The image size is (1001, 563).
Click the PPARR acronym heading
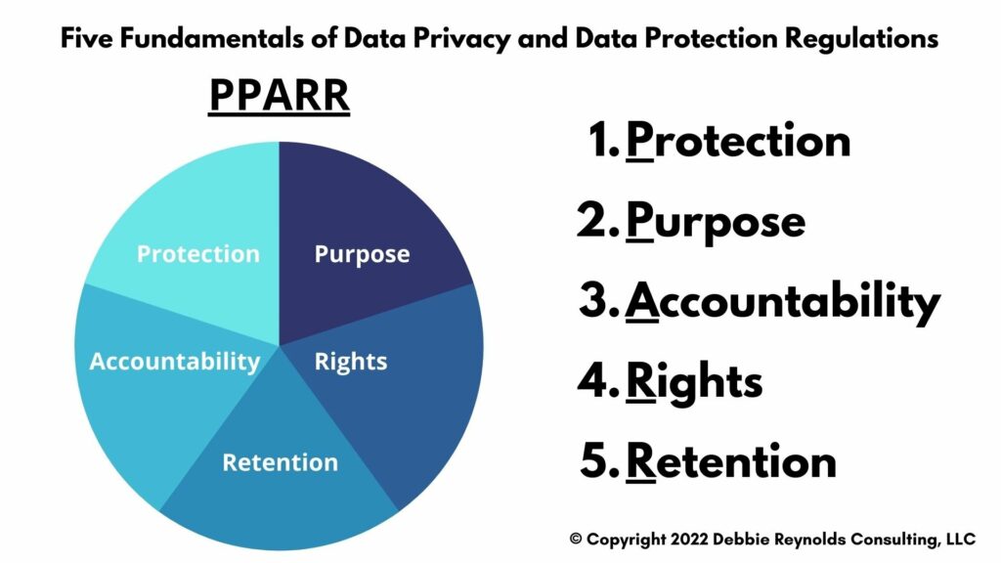pyautogui.click(x=279, y=96)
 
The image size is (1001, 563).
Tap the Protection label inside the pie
pyautogui.click(x=198, y=254)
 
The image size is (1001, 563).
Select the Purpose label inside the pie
pyautogui.click(x=362, y=255)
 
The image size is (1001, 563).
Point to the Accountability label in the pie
pyautogui.click(x=175, y=362)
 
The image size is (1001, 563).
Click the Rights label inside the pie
pyautogui.click(x=351, y=362)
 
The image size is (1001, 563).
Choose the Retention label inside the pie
pyautogui.click(x=281, y=462)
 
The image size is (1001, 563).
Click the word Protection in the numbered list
pyautogui.click(x=738, y=141)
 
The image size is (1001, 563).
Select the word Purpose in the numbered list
pyautogui.click(x=715, y=223)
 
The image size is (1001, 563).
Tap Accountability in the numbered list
pyautogui.click(x=782, y=303)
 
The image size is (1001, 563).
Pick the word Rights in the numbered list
pyautogui.click(x=694, y=383)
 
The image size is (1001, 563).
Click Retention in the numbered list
pyautogui.click(x=731, y=461)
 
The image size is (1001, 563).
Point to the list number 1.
pyautogui.click(x=602, y=141)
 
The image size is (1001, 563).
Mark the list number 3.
pyautogui.click(x=599, y=301)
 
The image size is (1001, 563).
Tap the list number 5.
pyautogui.click(x=599, y=461)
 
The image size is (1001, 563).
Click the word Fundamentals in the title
pyautogui.click(x=212, y=38)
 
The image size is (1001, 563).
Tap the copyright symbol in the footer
pyautogui.click(x=576, y=540)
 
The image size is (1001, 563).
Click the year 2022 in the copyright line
pyautogui.click(x=689, y=540)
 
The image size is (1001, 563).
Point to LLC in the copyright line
pyautogui.click(x=961, y=540)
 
